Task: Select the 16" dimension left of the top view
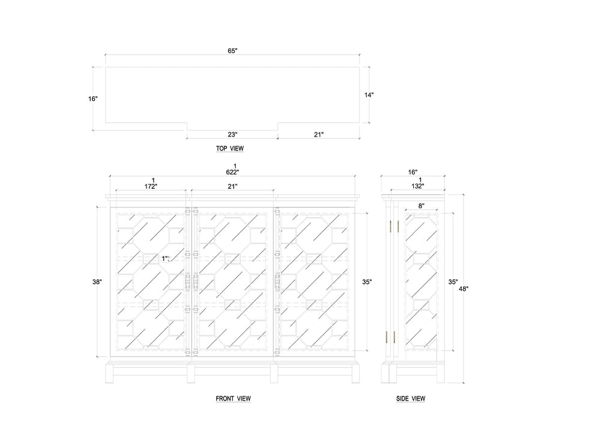coord(92,99)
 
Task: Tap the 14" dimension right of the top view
coord(369,94)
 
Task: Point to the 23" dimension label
coord(232,134)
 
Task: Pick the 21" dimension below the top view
coord(318,134)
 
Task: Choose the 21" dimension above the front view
coord(233,186)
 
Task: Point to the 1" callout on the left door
coord(166,258)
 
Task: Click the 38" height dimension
coord(97,281)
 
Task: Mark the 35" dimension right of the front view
coord(367,281)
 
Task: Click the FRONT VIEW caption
coord(233,398)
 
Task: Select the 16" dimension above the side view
coord(412,172)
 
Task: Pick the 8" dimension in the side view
coord(421,206)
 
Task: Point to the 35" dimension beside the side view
coord(453,281)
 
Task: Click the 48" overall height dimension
coord(464,288)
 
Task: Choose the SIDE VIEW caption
coord(411,398)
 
